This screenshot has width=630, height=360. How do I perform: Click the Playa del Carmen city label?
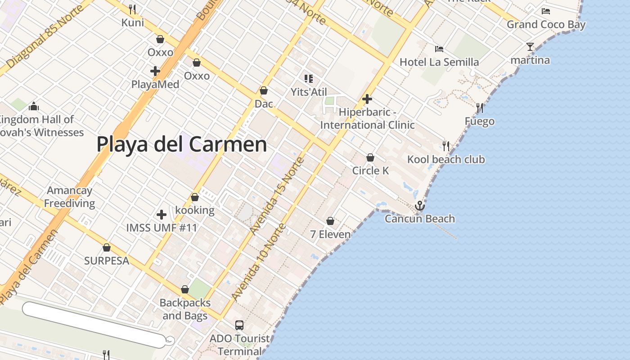[182, 145]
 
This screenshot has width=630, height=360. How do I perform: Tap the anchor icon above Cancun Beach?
[420, 206]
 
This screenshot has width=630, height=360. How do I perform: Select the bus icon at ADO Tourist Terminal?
[239, 325]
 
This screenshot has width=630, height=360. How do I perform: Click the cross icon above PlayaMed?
[155, 71]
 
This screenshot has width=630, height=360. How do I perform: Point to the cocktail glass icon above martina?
[530, 47]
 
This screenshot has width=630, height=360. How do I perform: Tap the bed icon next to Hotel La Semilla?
[439, 49]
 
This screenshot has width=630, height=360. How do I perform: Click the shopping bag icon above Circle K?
[370, 157]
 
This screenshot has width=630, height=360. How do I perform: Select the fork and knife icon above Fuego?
[480, 108]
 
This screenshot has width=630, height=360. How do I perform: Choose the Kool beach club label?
[446, 159]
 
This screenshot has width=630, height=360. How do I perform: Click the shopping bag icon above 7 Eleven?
[330, 221]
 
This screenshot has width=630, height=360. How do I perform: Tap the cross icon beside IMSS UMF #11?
[162, 215]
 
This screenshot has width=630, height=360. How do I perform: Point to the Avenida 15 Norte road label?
[277, 195]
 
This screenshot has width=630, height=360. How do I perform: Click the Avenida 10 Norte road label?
[258, 262]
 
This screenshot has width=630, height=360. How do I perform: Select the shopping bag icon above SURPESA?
[107, 247]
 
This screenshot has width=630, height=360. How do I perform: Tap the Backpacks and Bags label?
[185, 309]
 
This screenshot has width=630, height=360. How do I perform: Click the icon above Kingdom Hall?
[33, 107]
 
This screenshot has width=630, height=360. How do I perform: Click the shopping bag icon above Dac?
[264, 91]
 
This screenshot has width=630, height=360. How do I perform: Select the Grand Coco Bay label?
[546, 24]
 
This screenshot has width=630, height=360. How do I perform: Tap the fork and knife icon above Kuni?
[132, 9]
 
